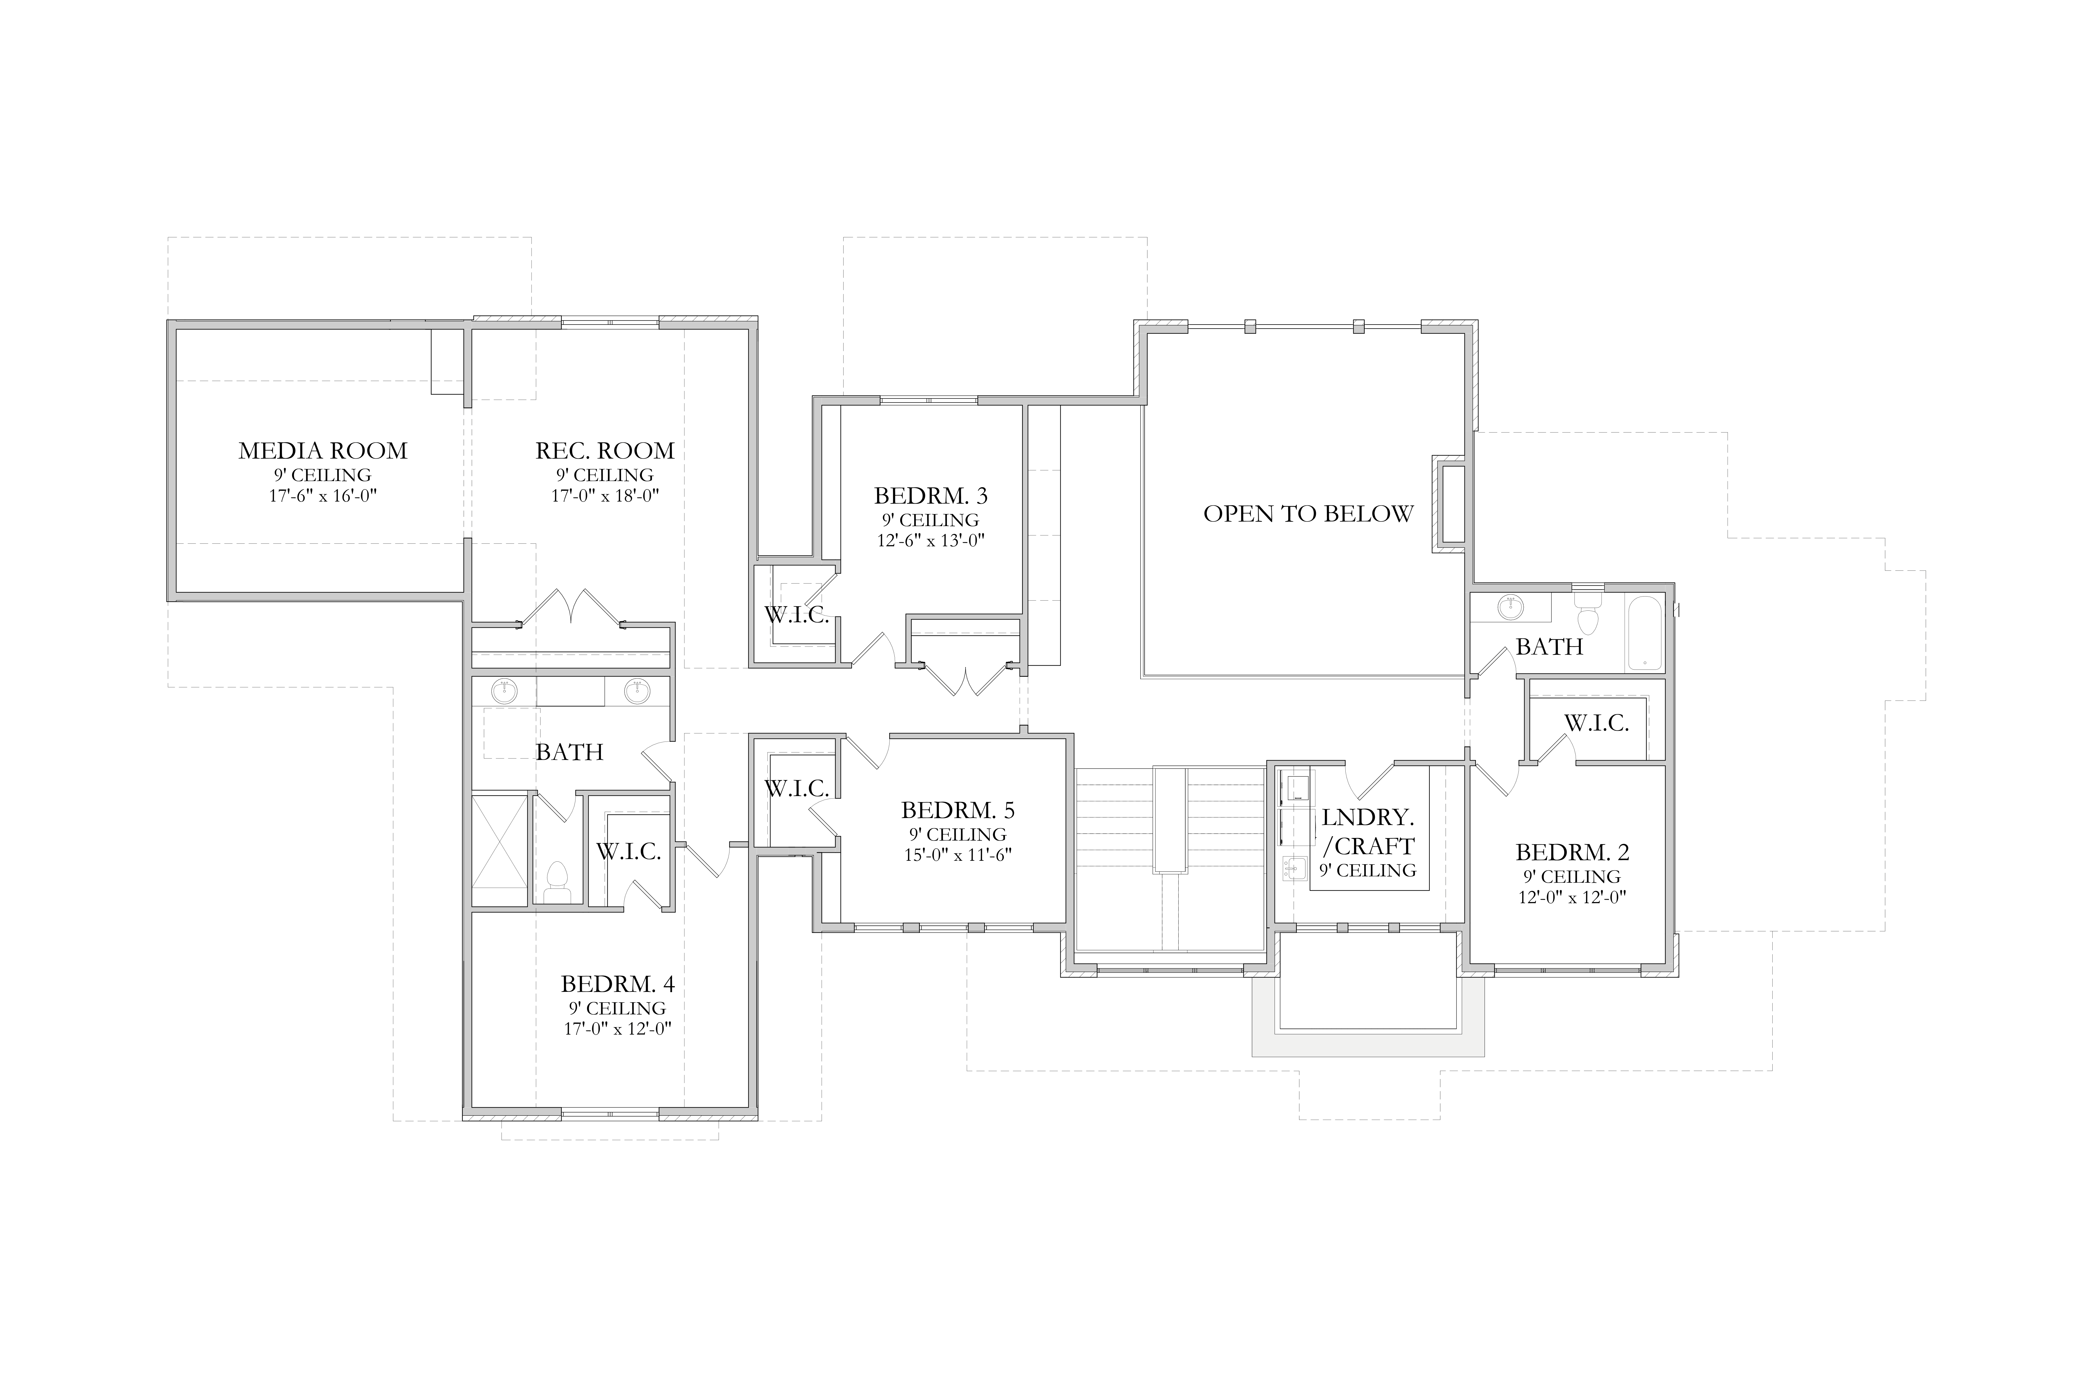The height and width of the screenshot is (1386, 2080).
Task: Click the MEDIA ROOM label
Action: (323, 451)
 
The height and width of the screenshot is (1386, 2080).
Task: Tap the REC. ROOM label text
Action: (605, 451)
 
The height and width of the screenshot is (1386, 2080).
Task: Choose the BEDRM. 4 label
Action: (617, 984)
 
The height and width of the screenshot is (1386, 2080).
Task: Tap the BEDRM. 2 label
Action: (1572, 852)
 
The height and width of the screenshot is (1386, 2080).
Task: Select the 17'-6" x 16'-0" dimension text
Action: (323, 496)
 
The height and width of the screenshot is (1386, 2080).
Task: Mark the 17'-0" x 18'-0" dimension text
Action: (605, 496)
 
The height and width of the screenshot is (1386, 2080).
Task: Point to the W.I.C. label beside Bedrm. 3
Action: (797, 615)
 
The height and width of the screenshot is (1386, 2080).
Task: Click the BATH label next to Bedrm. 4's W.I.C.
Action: (569, 752)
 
